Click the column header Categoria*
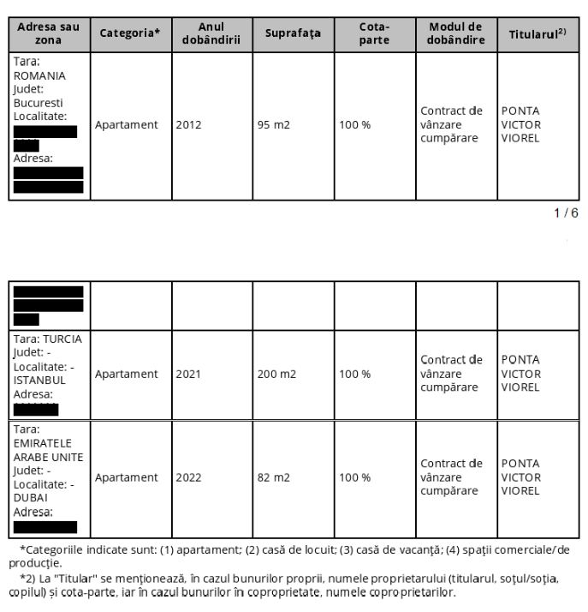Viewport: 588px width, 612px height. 130,33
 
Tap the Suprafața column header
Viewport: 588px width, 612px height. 293,33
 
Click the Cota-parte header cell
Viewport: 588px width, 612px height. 373,33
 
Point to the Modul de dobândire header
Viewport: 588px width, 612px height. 455,33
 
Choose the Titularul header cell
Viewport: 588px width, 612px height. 538,33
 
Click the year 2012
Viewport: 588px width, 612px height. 188,125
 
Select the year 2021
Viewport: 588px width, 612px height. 188,375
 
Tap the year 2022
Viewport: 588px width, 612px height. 188,477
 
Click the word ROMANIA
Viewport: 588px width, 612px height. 39,75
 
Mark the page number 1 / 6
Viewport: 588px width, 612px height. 566,213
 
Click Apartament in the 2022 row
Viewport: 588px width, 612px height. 127,477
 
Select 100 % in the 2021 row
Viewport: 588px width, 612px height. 355,375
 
